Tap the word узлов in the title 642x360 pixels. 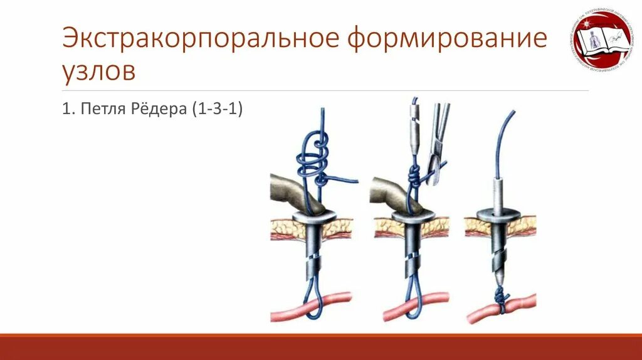coord(98,71)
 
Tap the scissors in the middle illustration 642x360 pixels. coord(437,144)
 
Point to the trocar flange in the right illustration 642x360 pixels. coord(500,214)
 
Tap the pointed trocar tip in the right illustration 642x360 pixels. coord(500,277)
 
